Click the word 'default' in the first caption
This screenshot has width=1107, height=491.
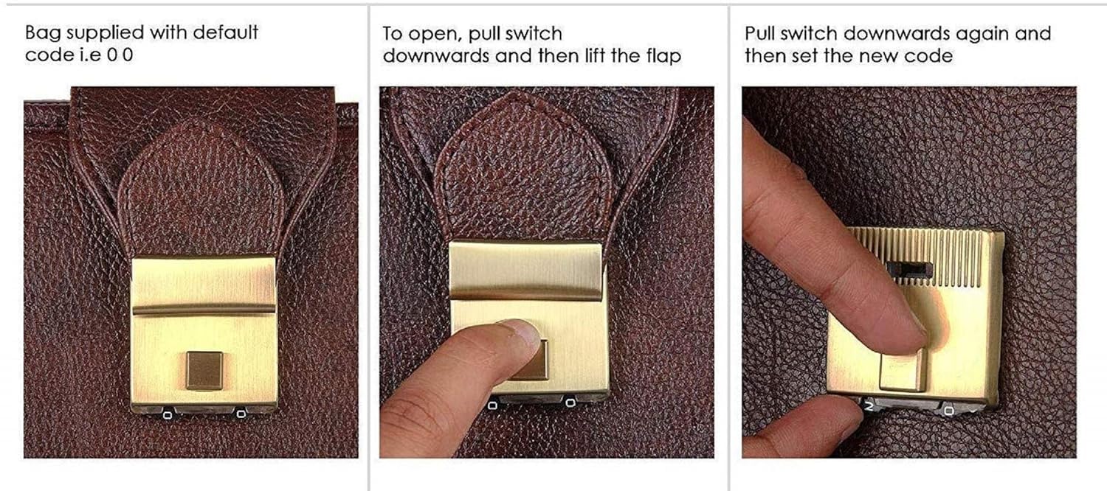point(225,32)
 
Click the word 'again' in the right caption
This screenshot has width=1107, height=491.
point(982,35)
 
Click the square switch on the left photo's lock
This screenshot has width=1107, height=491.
point(204,370)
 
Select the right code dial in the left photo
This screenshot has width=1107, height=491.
point(241,414)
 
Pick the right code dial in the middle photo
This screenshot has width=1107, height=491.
point(570,403)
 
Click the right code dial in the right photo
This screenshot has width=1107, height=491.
point(949,411)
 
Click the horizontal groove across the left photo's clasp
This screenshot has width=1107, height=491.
point(204,310)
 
